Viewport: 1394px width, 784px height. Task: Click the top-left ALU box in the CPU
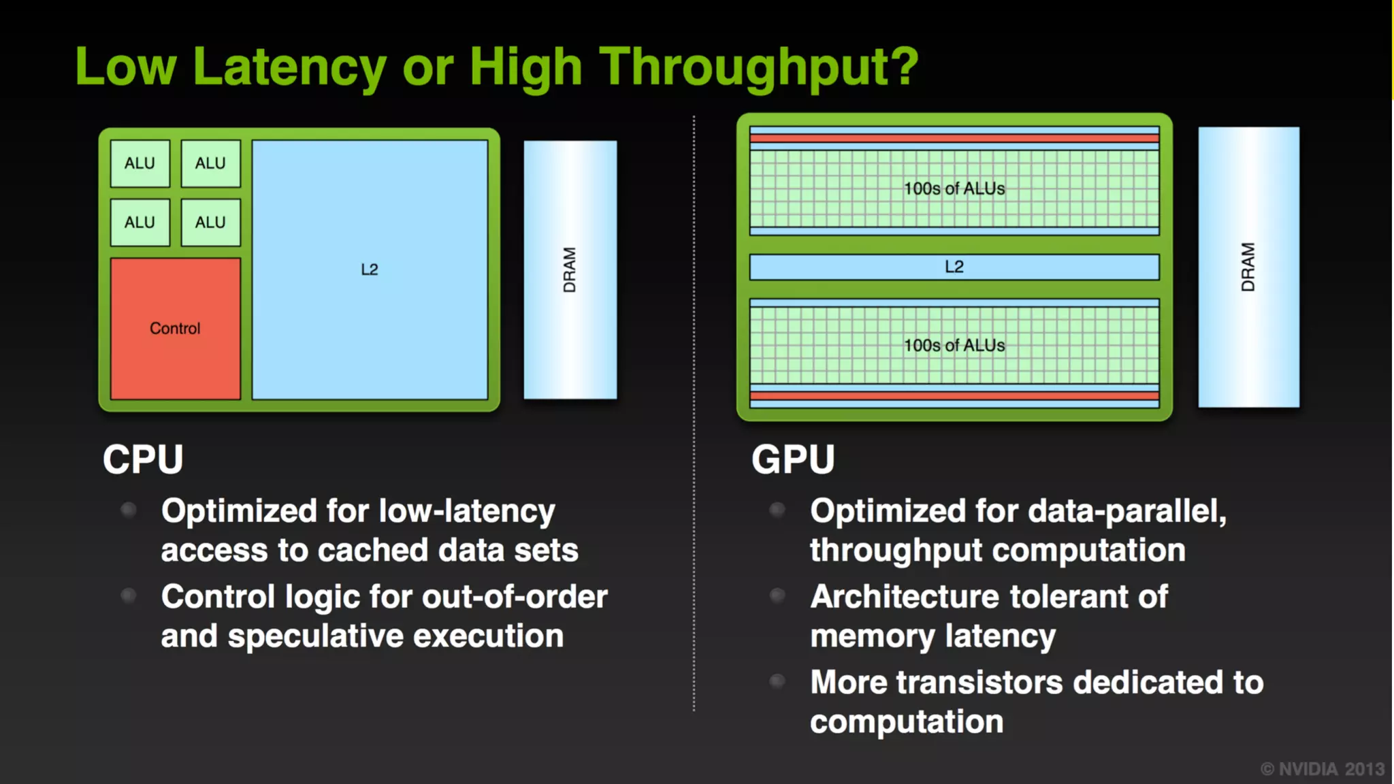click(140, 163)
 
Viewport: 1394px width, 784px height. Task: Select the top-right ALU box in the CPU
click(210, 163)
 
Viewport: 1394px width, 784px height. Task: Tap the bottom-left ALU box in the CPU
click(140, 223)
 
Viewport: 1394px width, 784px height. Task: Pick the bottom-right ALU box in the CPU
click(210, 223)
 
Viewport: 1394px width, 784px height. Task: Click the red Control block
click(175, 329)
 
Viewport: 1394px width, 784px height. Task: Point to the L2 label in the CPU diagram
click(370, 269)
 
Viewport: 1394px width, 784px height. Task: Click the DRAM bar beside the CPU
click(570, 269)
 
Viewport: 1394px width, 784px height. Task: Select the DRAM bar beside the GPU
click(1248, 267)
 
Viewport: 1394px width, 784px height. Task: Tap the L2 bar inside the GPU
click(954, 267)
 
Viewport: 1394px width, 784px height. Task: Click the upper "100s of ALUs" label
click(954, 189)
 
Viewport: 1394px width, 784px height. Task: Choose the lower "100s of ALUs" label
click(954, 346)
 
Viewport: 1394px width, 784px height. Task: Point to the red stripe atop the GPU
click(954, 138)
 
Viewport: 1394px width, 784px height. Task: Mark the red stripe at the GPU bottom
click(954, 395)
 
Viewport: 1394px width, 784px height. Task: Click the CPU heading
click(143, 459)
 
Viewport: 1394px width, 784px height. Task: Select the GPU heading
click(793, 459)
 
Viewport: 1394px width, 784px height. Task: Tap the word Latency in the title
click(289, 67)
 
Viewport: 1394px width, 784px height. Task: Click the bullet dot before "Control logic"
click(128, 596)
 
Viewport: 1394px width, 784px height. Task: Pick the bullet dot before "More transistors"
click(777, 681)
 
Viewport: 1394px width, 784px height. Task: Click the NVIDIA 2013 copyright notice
click(1322, 769)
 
